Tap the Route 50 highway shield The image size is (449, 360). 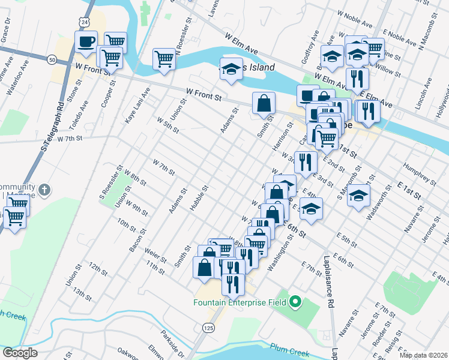pyautogui.click(x=52, y=59)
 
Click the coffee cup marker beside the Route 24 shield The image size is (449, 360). pyautogui.click(x=86, y=41)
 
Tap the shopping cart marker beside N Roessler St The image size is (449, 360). pyautogui.click(x=164, y=59)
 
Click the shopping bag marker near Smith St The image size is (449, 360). pyautogui.click(x=264, y=103)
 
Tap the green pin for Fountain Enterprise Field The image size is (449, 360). pyautogui.click(x=295, y=302)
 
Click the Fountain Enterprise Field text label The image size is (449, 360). pyautogui.click(x=239, y=302)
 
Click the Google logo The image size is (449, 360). pyautogui.click(x=19, y=353)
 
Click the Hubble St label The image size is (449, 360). pyautogui.click(x=199, y=197)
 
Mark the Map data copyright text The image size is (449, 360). pyautogui.click(x=423, y=355)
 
